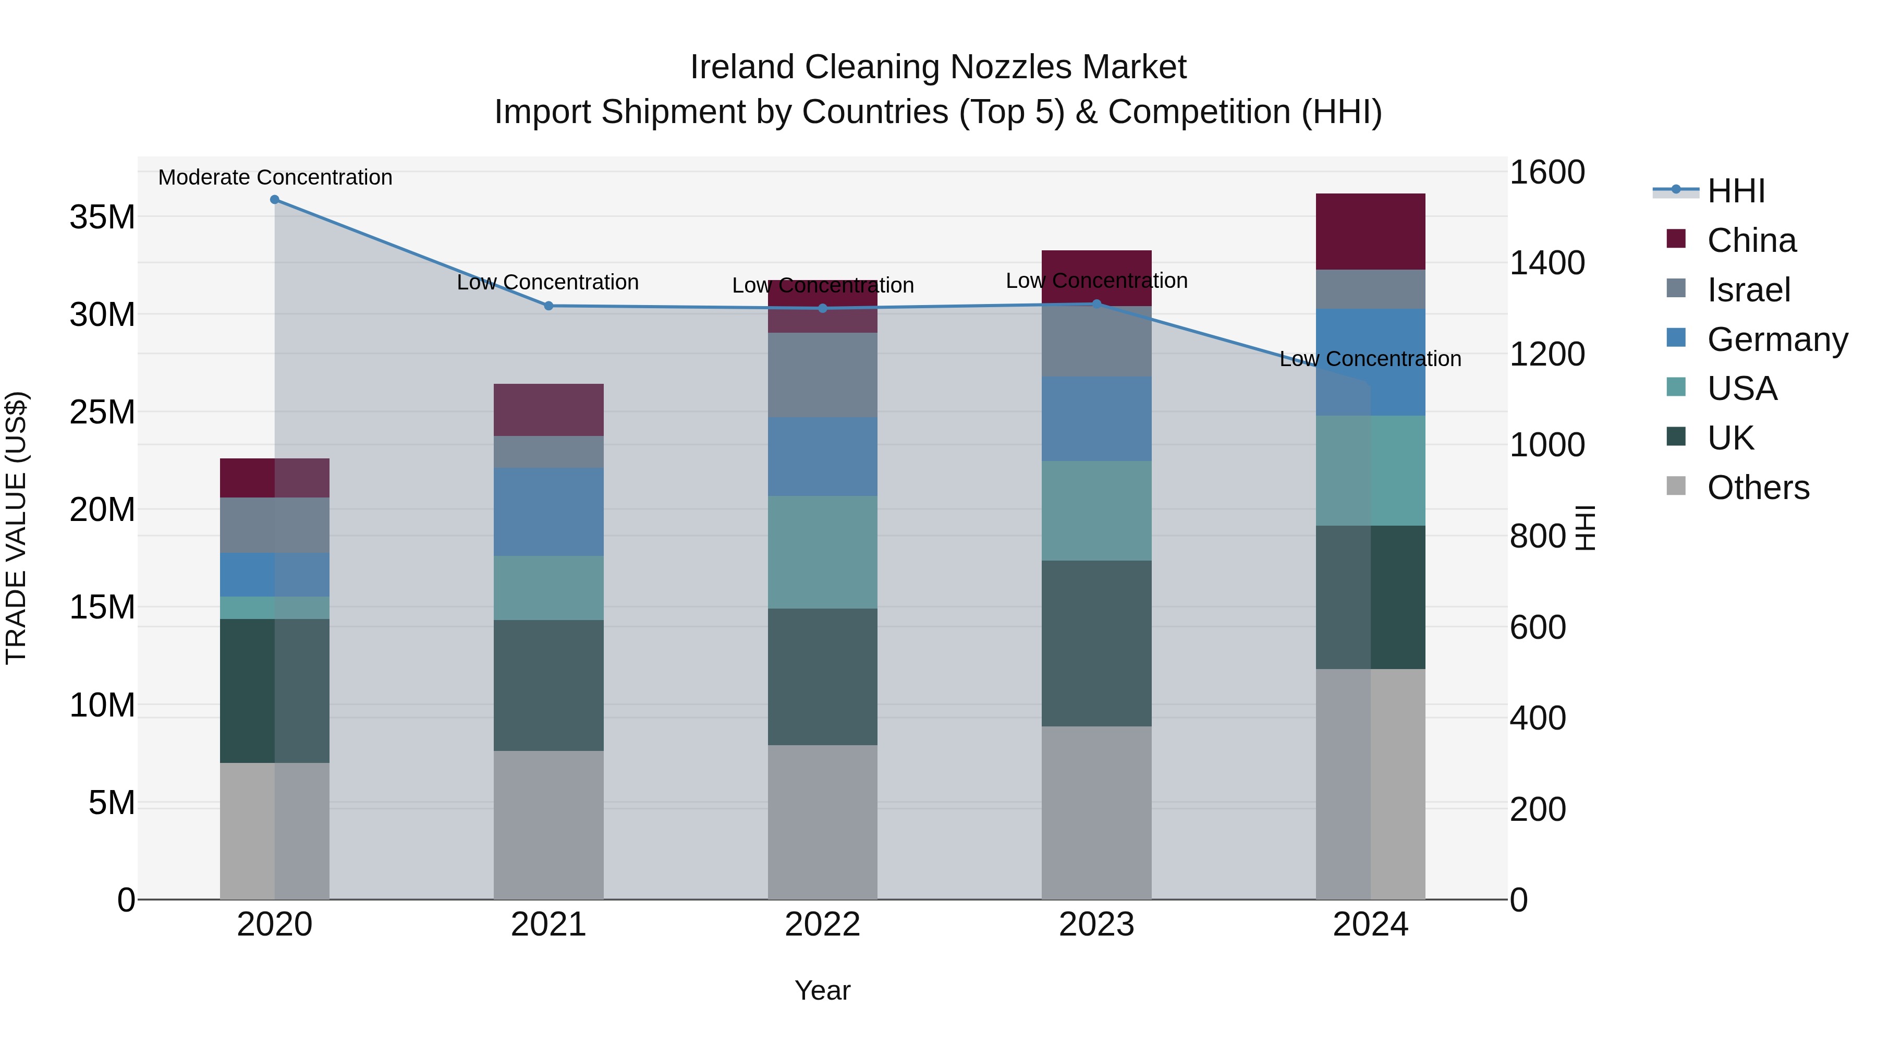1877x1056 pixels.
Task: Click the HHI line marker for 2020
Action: coord(275,200)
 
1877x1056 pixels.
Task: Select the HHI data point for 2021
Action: coord(549,306)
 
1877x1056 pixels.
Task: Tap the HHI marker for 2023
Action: coord(1096,304)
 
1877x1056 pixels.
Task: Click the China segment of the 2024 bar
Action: coord(1371,232)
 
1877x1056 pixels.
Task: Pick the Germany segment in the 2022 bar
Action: coord(823,457)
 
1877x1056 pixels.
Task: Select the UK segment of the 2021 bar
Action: coord(549,685)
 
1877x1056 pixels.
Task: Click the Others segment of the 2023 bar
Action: coord(1096,812)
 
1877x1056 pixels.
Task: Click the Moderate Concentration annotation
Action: coord(275,177)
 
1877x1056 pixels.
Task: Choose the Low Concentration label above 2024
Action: coord(1371,359)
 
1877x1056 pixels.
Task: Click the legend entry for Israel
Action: coord(1748,289)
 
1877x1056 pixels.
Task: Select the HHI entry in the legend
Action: coord(1736,191)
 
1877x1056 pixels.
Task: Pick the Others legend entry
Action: coord(1758,488)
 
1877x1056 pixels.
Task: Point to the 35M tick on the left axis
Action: coord(102,217)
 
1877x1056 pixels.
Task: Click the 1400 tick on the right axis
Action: coord(1547,263)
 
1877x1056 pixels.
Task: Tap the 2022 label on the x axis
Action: coord(823,925)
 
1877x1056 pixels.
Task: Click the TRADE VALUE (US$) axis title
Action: coord(17,528)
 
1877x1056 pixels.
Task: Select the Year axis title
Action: coord(823,990)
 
